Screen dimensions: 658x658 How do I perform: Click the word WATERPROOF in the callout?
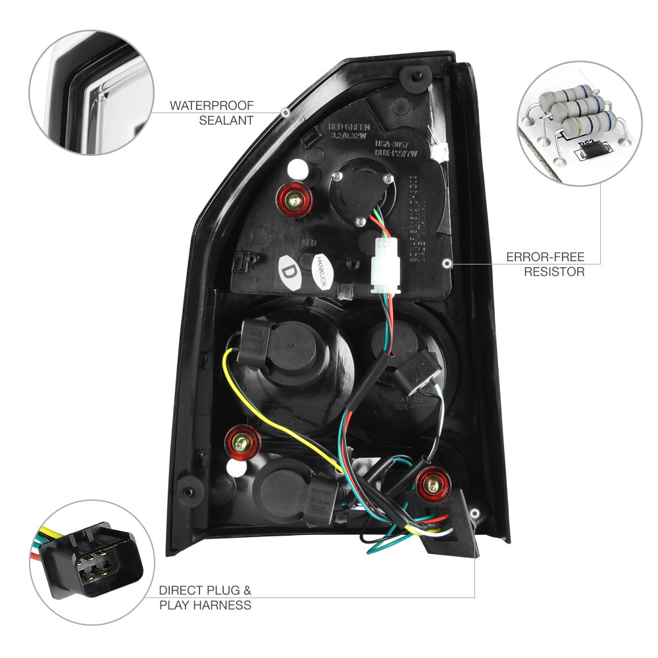(211, 105)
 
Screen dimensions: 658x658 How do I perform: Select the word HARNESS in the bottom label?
(225, 605)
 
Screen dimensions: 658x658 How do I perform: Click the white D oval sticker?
(288, 272)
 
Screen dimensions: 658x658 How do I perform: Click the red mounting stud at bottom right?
(433, 485)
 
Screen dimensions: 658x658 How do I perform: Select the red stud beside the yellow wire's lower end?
(243, 442)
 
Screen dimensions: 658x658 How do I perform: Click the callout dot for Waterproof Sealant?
(285, 113)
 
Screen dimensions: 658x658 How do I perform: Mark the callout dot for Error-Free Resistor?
(447, 263)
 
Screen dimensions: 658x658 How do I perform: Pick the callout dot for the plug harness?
(475, 512)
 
